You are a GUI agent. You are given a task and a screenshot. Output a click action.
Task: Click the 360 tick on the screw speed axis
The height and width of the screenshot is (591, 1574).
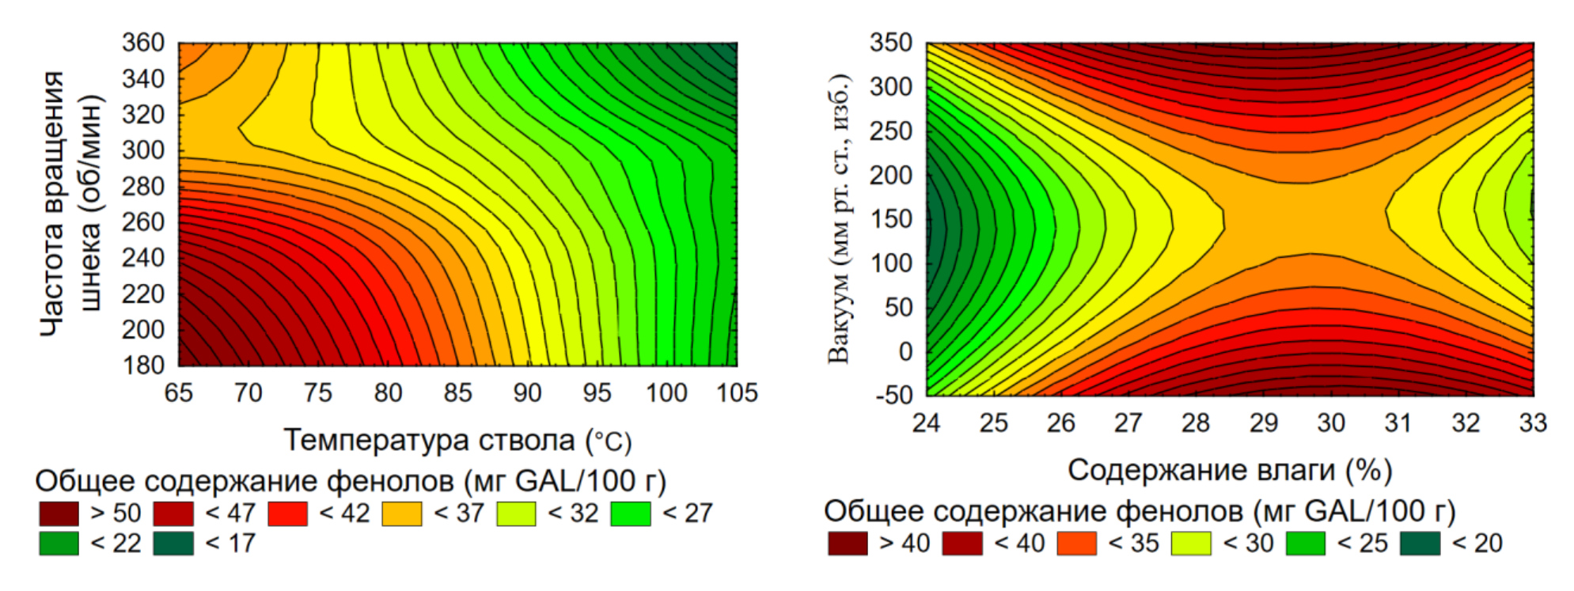coord(142,43)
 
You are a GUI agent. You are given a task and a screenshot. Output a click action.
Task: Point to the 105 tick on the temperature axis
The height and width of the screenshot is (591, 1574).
coord(736,393)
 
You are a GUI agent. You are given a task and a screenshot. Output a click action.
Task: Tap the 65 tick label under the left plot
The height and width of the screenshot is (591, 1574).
coord(179,393)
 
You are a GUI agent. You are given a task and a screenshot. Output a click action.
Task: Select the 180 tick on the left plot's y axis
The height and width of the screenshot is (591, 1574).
coord(142,366)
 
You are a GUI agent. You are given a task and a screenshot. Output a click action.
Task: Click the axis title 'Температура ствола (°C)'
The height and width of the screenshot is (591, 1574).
coord(457,441)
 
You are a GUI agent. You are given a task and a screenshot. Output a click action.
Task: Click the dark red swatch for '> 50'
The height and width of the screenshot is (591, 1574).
coord(59,513)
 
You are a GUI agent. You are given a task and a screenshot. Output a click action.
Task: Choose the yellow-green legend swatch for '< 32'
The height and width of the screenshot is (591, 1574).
coord(516,513)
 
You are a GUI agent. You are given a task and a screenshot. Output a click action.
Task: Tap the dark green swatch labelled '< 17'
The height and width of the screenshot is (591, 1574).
coord(173,544)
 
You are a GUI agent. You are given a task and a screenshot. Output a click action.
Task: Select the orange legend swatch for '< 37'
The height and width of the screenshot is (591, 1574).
coord(402,513)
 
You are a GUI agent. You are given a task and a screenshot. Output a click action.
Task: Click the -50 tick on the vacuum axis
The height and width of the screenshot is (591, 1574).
coord(894,395)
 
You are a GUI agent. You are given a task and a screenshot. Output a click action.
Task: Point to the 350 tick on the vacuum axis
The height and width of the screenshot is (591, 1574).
coord(891,43)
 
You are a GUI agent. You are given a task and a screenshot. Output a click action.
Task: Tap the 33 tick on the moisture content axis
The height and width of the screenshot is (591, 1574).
coord(1533,423)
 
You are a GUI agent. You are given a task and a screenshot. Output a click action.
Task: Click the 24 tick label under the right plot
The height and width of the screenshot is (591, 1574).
coord(926,423)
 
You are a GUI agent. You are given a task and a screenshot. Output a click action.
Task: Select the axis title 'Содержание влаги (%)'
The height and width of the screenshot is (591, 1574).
coord(1230,471)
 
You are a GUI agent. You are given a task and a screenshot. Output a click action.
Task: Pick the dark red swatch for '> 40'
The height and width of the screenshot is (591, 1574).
coord(848,544)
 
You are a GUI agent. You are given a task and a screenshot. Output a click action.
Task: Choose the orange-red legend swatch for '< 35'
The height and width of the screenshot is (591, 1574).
coord(1077,544)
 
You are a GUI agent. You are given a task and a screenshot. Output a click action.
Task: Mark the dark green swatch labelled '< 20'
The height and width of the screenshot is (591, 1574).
coord(1420,544)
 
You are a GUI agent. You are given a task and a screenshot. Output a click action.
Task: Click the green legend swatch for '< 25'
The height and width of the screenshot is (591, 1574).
coord(1306,544)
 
